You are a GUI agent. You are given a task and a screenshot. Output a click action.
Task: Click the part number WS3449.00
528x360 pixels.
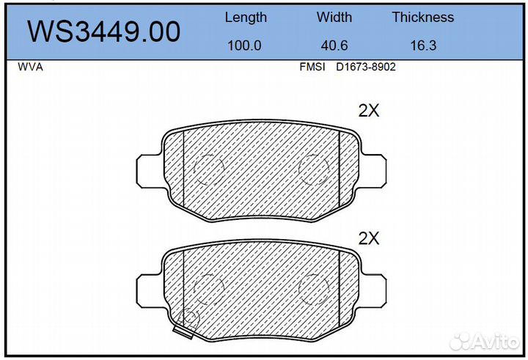(103, 32)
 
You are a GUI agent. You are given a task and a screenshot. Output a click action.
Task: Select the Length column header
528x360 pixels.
(246, 18)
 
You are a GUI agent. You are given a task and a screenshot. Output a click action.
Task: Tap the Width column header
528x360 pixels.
(334, 17)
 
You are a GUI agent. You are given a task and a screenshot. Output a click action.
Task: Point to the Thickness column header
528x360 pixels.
(423, 17)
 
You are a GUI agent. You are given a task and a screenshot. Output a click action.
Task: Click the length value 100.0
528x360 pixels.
(244, 45)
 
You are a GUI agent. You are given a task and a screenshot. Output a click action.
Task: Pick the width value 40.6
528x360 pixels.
(334, 45)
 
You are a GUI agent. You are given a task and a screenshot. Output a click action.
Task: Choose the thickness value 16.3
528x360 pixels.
(423, 45)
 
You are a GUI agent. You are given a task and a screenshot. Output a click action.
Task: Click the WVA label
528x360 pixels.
(30, 67)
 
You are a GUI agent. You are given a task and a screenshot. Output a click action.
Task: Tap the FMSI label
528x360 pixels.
(312, 67)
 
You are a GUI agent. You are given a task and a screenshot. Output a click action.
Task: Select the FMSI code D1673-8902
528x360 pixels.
(366, 67)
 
